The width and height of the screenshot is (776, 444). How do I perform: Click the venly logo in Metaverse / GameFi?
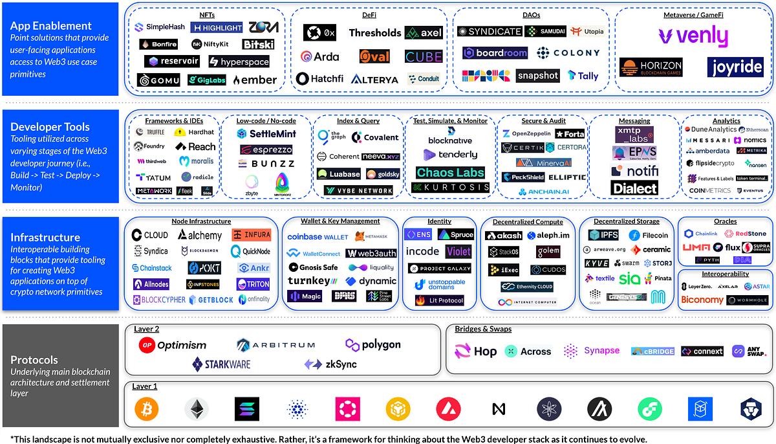(x=693, y=37)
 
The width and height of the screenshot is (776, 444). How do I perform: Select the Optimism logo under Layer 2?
(x=173, y=345)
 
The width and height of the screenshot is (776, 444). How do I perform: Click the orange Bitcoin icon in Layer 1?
(x=146, y=409)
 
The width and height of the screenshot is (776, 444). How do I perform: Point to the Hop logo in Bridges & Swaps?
(x=476, y=351)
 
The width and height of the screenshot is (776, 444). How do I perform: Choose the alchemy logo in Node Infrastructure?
(x=200, y=235)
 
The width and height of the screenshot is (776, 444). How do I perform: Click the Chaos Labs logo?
(x=449, y=172)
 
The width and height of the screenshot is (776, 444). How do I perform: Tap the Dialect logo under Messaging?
(x=634, y=188)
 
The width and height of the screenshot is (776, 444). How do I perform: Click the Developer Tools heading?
(x=50, y=127)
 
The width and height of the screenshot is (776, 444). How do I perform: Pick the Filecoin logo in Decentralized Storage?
(x=649, y=235)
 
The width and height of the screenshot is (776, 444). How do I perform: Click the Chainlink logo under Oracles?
(x=701, y=234)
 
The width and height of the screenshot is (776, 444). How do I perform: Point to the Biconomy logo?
(x=702, y=300)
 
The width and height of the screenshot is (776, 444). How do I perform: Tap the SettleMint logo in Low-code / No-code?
(x=266, y=134)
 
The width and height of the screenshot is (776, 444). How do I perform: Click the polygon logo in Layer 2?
(x=372, y=344)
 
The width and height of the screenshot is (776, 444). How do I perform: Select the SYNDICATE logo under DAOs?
(x=490, y=32)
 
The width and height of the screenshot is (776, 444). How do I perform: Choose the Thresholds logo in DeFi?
(x=375, y=32)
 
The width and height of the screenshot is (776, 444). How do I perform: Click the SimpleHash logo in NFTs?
(x=160, y=27)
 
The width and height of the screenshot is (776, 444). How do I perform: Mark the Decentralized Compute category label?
(x=528, y=222)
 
